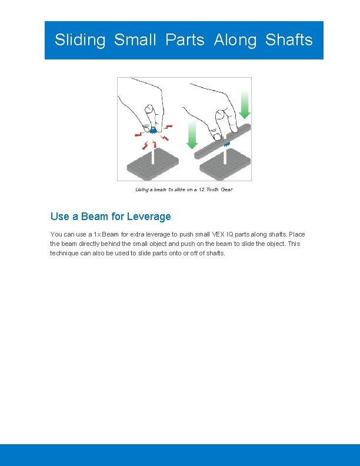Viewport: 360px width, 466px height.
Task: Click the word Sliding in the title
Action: point(80,40)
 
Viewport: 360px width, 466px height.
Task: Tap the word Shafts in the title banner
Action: point(289,40)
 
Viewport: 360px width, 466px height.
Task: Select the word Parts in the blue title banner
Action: point(185,40)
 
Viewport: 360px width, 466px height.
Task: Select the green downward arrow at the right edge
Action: point(245,106)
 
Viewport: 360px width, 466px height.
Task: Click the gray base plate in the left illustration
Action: point(153,167)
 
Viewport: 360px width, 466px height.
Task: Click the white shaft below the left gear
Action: point(153,152)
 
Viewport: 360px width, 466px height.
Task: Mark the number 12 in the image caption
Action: point(201,189)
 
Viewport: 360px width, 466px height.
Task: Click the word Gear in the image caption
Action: point(226,189)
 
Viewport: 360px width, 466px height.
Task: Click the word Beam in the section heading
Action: point(95,217)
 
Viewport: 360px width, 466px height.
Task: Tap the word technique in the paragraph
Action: point(67,253)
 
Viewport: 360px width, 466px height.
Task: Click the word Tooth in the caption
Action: point(212,189)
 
